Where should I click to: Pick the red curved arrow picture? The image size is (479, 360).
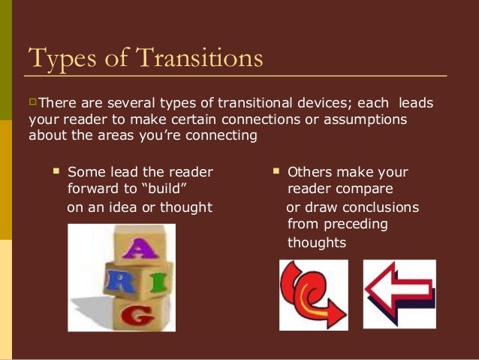pos(314,295)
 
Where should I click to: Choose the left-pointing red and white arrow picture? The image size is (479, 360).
pos(399,294)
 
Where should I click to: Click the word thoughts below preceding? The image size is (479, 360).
pos(317,243)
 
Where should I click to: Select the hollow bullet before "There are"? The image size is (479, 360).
pos(32,101)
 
